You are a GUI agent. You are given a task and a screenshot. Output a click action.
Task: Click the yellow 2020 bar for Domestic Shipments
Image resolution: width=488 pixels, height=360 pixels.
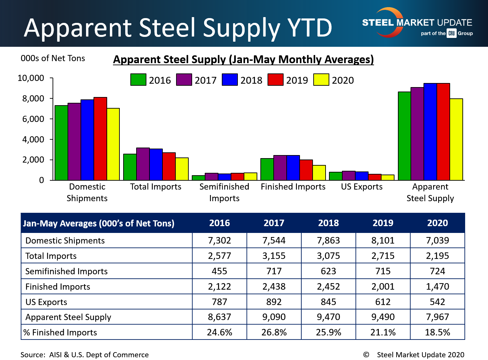pos(113,144)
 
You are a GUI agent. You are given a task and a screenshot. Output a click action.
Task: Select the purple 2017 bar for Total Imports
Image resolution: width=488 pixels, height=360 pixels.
pos(143,164)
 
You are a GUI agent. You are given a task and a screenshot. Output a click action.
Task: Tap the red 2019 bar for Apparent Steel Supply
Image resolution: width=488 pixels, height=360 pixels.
pos(443,131)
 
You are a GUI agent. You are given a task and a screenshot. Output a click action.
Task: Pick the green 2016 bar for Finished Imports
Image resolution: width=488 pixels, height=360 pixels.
pos(267,169)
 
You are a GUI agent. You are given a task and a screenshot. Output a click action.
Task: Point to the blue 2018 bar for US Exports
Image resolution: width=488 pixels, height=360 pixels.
pos(362,176)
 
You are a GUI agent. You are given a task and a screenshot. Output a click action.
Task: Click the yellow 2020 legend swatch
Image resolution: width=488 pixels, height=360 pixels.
pos(321,80)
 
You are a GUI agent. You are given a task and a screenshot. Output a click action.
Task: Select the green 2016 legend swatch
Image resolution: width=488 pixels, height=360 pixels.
pos(138,80)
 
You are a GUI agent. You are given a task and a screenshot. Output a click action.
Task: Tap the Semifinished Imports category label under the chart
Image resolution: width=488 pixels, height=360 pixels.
pos(224,192)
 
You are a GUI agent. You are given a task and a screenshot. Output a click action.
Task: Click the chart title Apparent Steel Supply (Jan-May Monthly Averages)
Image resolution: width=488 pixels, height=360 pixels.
pos(243,59)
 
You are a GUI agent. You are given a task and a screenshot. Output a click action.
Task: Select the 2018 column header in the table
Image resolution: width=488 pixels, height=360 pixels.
pos(328,223)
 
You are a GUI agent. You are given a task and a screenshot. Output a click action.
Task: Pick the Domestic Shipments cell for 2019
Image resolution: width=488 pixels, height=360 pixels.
pos(383,240)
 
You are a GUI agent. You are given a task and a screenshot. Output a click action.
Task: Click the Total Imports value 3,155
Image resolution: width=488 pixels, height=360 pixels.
pos(274,256)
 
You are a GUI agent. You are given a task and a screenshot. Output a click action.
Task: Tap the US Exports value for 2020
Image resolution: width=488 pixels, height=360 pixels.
pos(437,302)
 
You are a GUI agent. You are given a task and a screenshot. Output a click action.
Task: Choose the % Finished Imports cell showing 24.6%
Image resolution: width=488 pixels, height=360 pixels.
pos(219,332)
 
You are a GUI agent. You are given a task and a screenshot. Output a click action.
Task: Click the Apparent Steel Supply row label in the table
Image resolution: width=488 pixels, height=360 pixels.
pos(68,317)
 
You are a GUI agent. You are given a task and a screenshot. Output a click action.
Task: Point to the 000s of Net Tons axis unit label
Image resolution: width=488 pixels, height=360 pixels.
pos(53,58)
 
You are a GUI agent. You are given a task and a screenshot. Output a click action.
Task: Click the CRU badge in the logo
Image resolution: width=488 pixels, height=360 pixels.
pos(452,33)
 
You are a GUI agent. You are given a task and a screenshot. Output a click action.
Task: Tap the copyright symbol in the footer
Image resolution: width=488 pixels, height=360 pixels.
pos(366,355)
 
